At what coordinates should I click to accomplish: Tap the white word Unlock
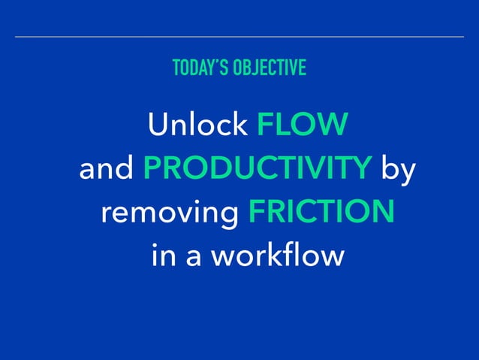197,125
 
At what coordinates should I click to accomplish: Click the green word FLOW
303,125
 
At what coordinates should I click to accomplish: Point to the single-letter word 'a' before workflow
191,258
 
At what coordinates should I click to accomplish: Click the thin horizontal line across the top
239,36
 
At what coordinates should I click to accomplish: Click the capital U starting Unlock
158,125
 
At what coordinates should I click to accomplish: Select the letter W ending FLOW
335,125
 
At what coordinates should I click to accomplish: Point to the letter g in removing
228,217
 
